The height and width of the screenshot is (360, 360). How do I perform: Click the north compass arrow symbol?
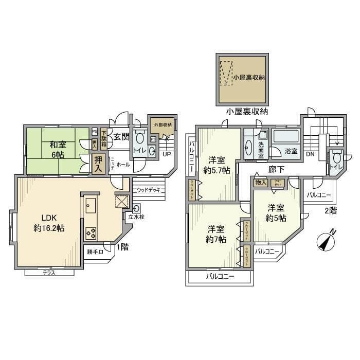(326, 240)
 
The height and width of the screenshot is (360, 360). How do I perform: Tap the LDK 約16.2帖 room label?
(49, 222)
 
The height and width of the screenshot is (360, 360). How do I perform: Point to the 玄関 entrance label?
(121, 136)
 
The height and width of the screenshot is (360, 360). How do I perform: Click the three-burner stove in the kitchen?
(91, 232)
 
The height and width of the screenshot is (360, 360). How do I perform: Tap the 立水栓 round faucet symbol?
(136, 208)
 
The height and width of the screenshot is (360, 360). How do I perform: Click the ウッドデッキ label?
(149, 190)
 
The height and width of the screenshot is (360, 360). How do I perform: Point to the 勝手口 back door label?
(95, 252)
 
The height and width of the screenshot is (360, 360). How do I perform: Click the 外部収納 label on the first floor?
(161, 125)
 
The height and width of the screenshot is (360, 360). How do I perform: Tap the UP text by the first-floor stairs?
(167, 154)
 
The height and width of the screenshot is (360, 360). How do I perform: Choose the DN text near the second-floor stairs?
(310, 154)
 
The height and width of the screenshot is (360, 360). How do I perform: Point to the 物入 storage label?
(260, 182)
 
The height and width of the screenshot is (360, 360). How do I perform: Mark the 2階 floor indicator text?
(330, 210)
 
